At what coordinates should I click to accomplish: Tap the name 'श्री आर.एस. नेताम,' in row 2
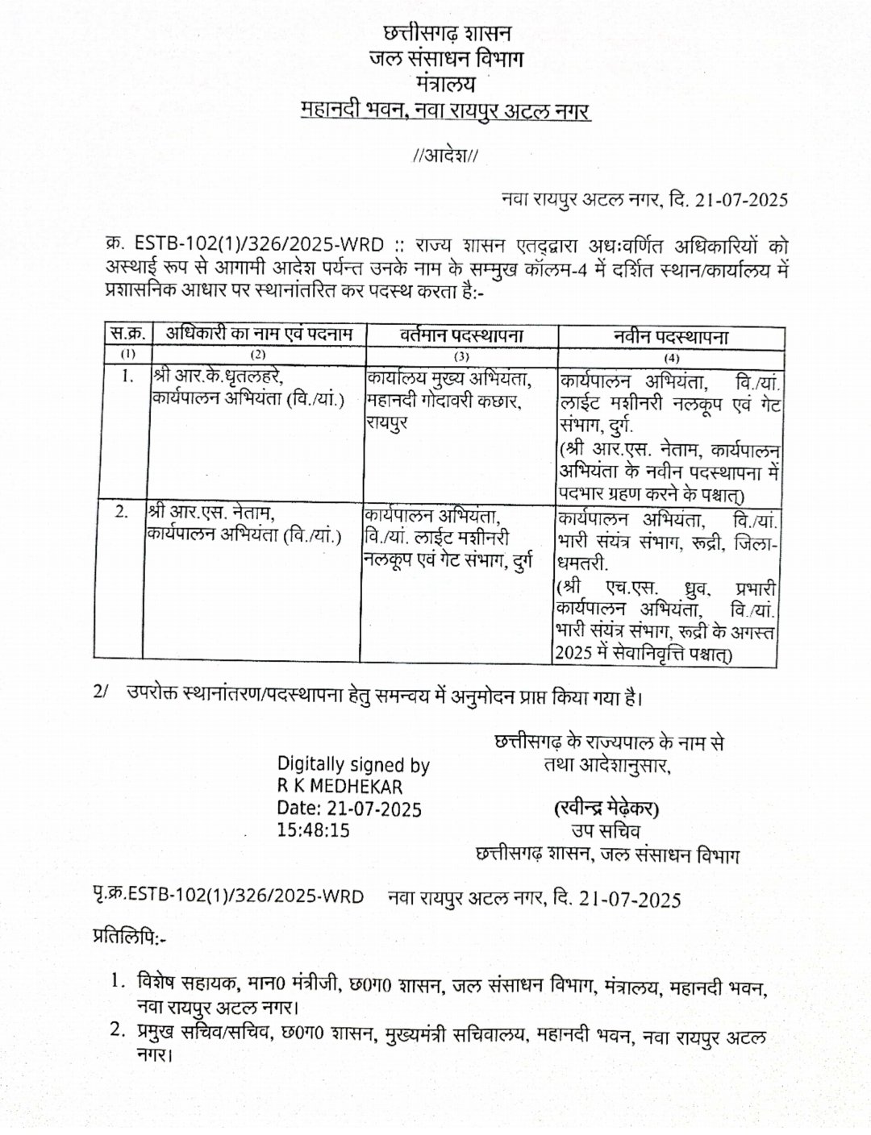211,513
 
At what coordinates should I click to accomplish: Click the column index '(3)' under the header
461,355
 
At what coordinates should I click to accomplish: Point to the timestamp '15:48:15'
314,829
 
